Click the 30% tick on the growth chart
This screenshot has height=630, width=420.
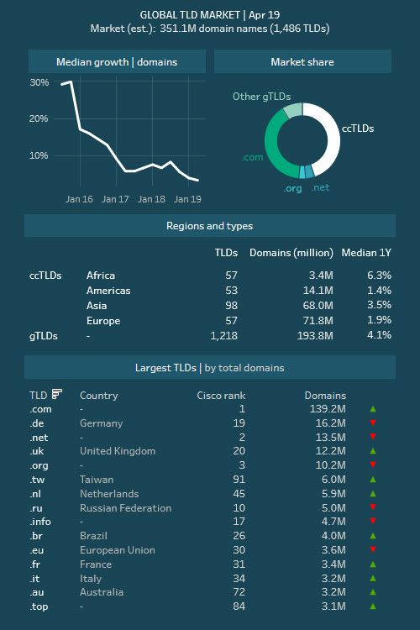pos(39,82)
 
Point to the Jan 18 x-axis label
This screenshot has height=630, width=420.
pos(151,199)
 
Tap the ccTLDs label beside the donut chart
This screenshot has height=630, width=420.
pos(358,129)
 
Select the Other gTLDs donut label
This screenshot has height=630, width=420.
pos(261,97)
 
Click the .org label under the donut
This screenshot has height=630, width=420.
pos(292,188)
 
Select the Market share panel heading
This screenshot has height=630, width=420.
pos(302,62)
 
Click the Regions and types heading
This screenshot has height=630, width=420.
pos(210,226)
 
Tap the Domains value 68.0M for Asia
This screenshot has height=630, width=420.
pos(318,306)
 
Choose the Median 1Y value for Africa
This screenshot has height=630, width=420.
pos(379,276)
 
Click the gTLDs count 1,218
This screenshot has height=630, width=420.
pos(224,335)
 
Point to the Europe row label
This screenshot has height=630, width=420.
pos(103,321)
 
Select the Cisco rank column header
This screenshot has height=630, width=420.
pos(221,396)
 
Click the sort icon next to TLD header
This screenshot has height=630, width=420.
pos(57,394)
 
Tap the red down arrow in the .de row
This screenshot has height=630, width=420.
pos(373,423)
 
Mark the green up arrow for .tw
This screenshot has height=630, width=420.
pos(373,480)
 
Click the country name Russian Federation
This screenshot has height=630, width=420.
pos(125,508)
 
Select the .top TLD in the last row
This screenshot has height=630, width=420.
pos(39,606)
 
